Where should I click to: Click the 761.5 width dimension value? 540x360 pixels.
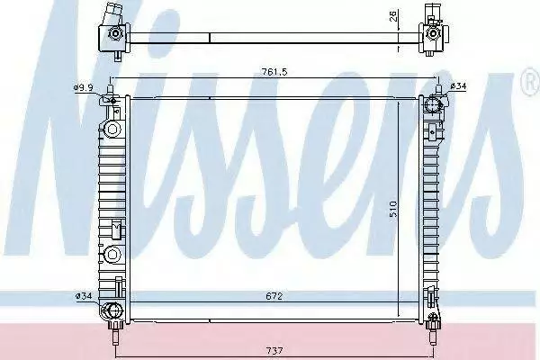click(274, 72)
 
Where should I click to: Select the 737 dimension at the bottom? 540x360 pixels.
click(274, 351)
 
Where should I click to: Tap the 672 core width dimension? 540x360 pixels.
click(274, 296)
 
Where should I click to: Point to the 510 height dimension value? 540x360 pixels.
click(393, 209)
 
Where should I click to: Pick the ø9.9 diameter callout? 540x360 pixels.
click(83, 87)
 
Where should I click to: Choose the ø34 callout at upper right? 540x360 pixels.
click(458, 85)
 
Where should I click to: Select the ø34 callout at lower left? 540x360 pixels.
click(84, 295)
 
